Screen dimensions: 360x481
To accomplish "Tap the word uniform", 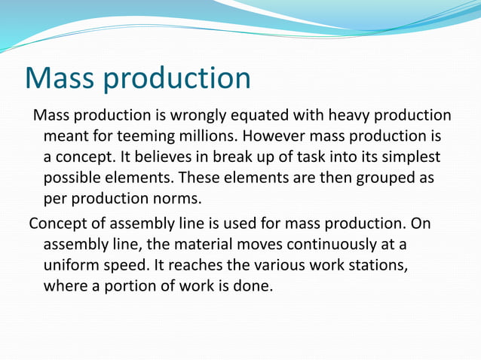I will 71,267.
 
